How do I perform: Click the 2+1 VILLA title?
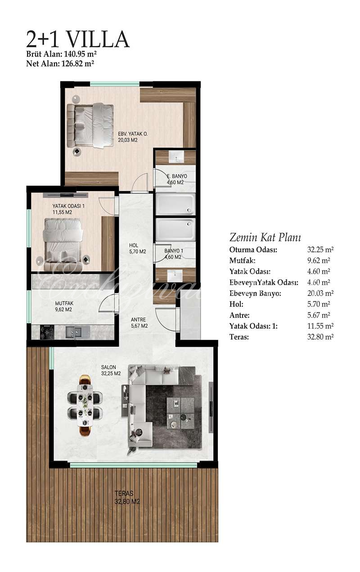[78, 39]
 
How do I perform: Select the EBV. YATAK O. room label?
[133, 134]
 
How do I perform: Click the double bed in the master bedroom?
[90, 125]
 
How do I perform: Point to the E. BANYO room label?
[177, 176]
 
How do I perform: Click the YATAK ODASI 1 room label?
[68, 206]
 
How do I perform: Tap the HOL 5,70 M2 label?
[137, 249]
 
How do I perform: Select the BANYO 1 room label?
[174, 251]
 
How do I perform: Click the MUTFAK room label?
[64, 304]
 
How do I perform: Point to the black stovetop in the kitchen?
[47, 332]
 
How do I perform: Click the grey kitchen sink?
[74, 332]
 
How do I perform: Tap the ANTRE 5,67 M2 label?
[139, 323]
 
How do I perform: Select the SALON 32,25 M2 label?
[111, 370]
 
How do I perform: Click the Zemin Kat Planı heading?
[265, 237]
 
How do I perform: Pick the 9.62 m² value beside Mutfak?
[319, 260]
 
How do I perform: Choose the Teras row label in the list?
[239, 337]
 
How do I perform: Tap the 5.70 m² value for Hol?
[319, 304]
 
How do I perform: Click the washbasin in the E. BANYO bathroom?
[176, 157]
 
